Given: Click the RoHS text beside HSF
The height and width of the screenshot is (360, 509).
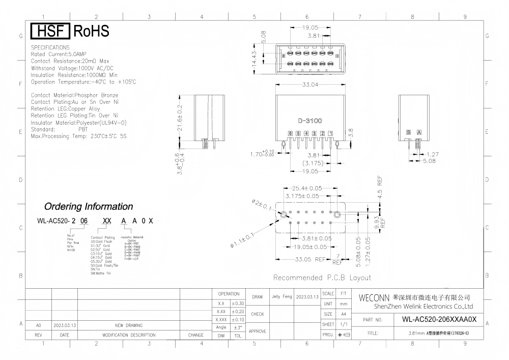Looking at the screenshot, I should point(92,32).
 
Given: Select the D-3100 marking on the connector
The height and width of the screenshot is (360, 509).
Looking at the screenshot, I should point(310,121).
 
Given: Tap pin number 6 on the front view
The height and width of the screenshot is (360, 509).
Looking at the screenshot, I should point(290,133).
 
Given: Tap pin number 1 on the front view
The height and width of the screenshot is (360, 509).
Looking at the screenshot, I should point(330,133).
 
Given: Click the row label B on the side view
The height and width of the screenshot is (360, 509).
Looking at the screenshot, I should point(408,132).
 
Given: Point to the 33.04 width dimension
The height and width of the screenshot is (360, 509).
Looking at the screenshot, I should point(309,85).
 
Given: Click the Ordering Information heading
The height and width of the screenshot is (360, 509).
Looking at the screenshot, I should point(89,207).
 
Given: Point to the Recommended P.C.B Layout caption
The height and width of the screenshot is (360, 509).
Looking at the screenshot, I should point(322,278).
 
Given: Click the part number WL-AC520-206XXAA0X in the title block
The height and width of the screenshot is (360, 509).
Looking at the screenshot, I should point(439,320).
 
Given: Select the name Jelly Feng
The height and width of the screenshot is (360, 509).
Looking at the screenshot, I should point(281,296).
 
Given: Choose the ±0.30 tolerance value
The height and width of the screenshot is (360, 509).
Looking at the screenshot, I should point(238,304).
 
